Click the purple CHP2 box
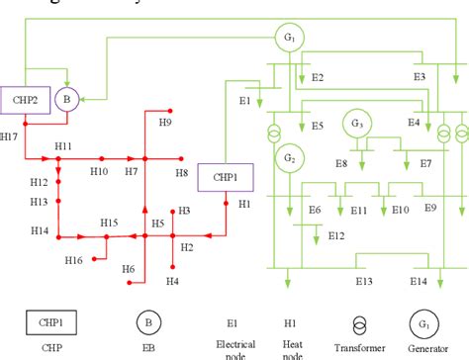[26, 101]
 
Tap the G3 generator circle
[355, 125]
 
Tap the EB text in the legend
[146, 349]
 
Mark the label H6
[127, 269]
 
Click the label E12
[336, 235]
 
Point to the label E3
[420, 76]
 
